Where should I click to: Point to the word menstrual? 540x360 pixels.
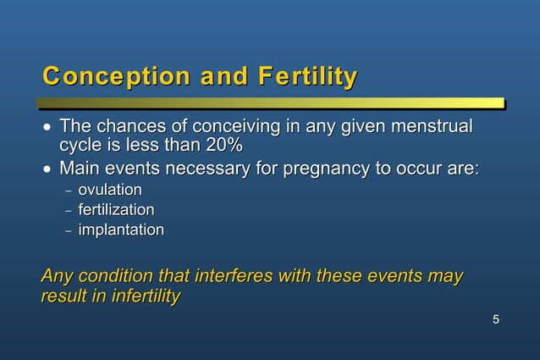(431, 127)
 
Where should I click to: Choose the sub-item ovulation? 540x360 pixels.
(110, 190)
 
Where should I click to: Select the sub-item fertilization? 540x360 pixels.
(116, 209)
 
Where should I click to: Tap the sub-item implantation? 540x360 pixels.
(121, 230)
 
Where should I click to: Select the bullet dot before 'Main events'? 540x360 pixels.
(47, 169)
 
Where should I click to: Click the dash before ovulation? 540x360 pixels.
(69, 191)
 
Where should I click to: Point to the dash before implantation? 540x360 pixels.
(69, 230)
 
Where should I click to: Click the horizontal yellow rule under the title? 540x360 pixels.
(271, 103)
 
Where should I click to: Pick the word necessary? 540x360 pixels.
(207, 169)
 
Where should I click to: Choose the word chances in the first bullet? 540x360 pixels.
(130, 127)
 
